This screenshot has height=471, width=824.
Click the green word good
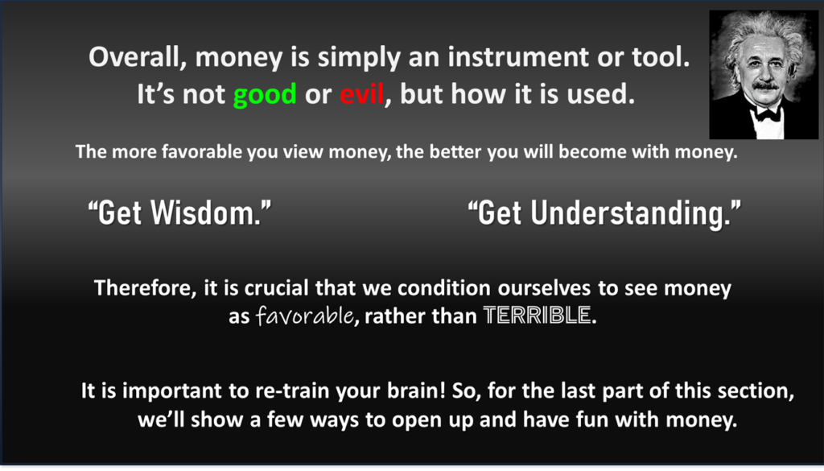tap(265, 95)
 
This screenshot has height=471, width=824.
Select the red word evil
tap(361, 94)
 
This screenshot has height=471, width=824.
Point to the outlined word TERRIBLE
tap(537, 316)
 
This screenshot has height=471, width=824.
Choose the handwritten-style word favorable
tap(304, 316)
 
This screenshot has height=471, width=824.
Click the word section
tap(758, 391)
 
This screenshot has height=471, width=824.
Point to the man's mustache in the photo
tap(764, 85)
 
